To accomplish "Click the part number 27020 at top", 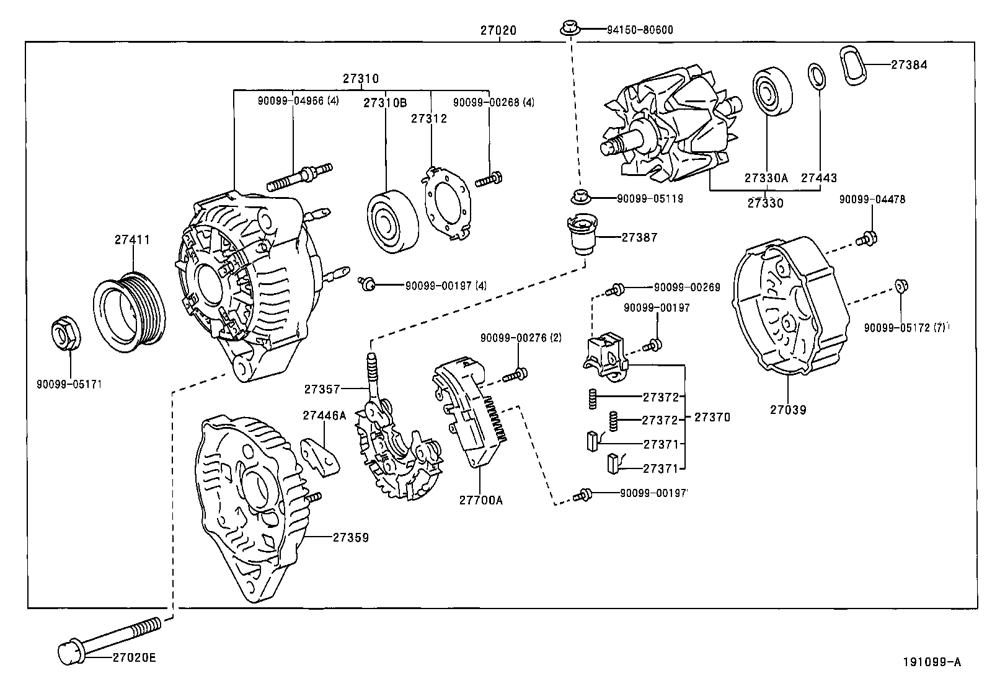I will [498, 30].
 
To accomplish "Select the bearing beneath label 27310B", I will [392, 219].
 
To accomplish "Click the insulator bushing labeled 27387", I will [582, 235].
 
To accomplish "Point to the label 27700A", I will [480, 499].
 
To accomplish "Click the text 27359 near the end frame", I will [350, 538].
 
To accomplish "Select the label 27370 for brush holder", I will [712, 418].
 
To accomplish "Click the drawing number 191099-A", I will [931, 662].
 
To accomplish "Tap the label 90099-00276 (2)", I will [521, 338].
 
